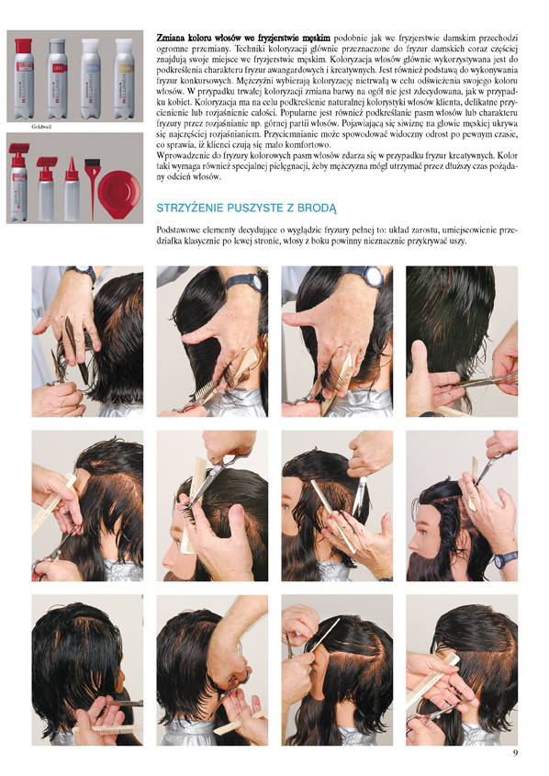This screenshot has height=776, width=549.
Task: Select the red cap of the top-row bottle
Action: pyautogui.click(x=23, y=46)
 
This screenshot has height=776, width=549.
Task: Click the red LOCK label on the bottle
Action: pyautogui.click(x=57, y=67)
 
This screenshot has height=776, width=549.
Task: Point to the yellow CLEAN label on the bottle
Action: pyautogui.click(x=124, y=68)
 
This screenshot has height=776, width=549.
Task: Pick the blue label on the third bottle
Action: pyautogui.click(x=91, y=67)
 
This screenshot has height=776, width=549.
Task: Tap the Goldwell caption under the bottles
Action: pyautogui.click(x=41, y=127)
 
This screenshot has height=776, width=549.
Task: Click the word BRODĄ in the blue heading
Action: pyautogui.click(x=317, y=208)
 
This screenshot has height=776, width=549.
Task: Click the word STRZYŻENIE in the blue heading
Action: pyautogui.click(x=189, y=208)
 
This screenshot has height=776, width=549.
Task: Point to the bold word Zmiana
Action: pyautogui.click(x=171, y=38)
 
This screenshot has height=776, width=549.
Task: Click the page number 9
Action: pyautogui.click(x=515, y=753)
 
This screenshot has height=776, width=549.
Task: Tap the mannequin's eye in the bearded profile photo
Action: pyautogui.click(x=422, y=533)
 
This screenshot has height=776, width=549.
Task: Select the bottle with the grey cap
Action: pyautogui.click(x=57, y=78)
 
